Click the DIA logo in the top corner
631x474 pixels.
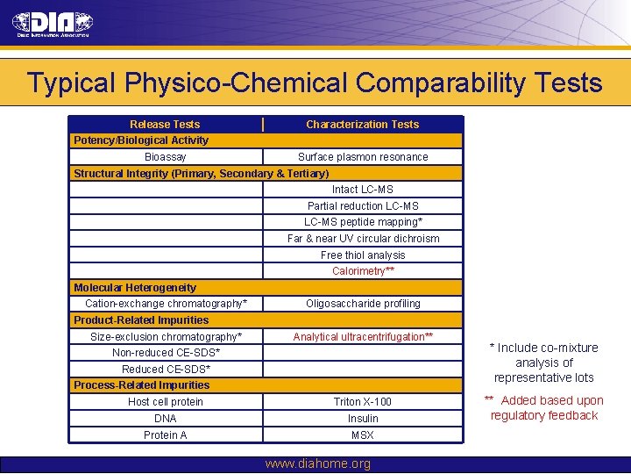(x=52, y=25)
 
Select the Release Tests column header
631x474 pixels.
(x=165, y=125)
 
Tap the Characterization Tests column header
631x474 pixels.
(x=362, y=125)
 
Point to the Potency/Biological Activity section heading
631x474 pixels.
(x=141, y=140)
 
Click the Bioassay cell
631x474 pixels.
(x=165, y=157)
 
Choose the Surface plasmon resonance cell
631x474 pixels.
(x=363, y=157)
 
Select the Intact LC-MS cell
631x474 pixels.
(x=363, y=190)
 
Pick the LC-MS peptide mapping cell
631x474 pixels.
(x=363, y=222)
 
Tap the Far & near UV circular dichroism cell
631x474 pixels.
(x=363, y=239)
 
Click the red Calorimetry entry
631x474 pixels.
(x=363, y=271)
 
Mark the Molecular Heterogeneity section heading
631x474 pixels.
(x=135, y=288)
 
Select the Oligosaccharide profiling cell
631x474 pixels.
(x=363, y=304)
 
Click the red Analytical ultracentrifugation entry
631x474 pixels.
(x=363, y=337)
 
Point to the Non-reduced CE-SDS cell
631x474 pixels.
(x=166, y=353)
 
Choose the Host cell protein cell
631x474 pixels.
(x=166, y=402)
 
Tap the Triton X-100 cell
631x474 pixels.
(x=363, y=402)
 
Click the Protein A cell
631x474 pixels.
(x=166, y=435)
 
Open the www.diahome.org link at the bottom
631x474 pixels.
(x=317, y=463)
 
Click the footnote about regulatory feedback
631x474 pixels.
(x=543, y=408)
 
